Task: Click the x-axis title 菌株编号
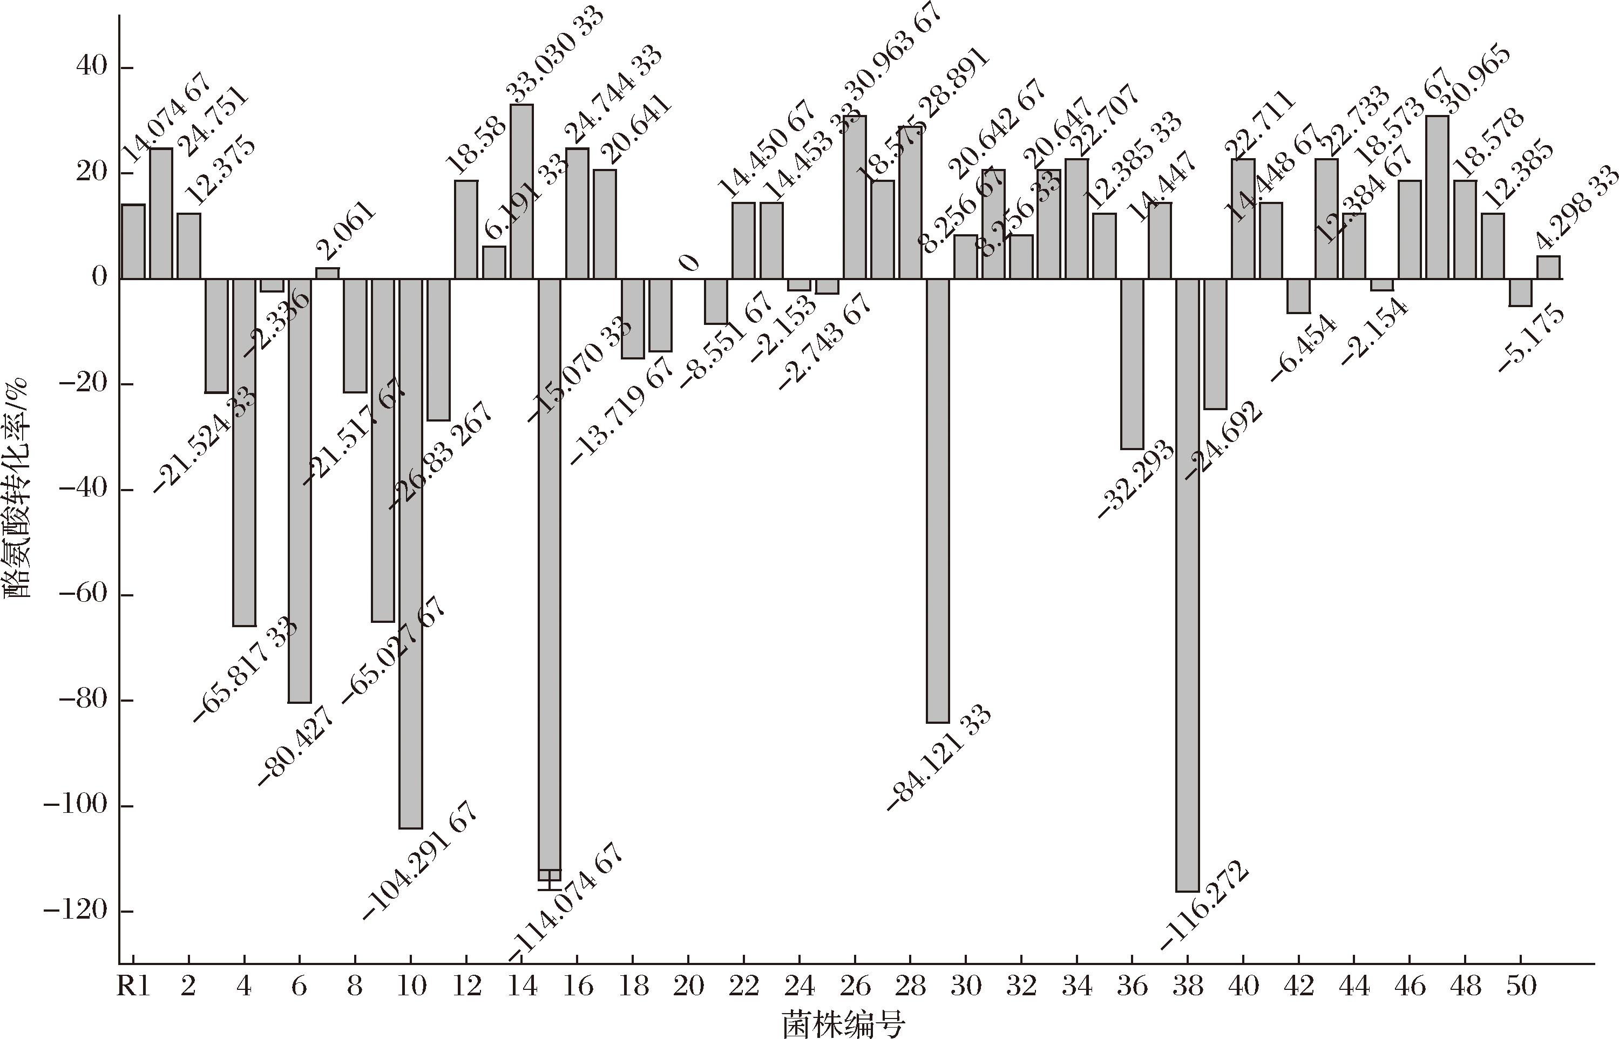pos(844,1024)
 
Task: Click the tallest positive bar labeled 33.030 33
pos(521,191)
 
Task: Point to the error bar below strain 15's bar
pos(550,881)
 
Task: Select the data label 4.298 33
pos(1576,209)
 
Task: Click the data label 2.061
pos(345,231)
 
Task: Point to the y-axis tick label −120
pos(75,912)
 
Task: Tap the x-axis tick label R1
pos(134,987)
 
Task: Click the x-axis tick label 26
pos(855,987)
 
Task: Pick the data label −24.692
pos(1222,440)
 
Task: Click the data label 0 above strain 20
pos(688,262)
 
